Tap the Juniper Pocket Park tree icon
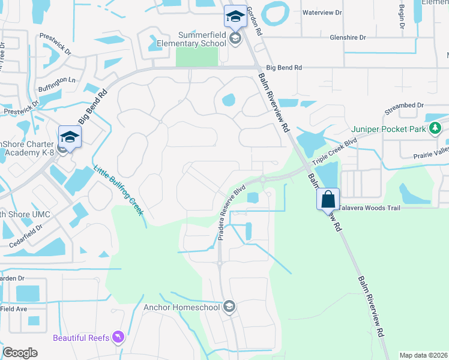point(436,128)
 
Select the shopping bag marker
point(328,199)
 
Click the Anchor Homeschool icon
point(229,307)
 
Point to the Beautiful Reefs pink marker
point(118,338)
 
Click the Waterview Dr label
point(322,13)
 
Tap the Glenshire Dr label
point(348,37)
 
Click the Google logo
point(20,353)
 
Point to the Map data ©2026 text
point(423,355)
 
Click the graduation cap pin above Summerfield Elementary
point(235,17)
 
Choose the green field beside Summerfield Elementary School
point(196,58)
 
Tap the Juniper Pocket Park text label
point(388,128)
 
